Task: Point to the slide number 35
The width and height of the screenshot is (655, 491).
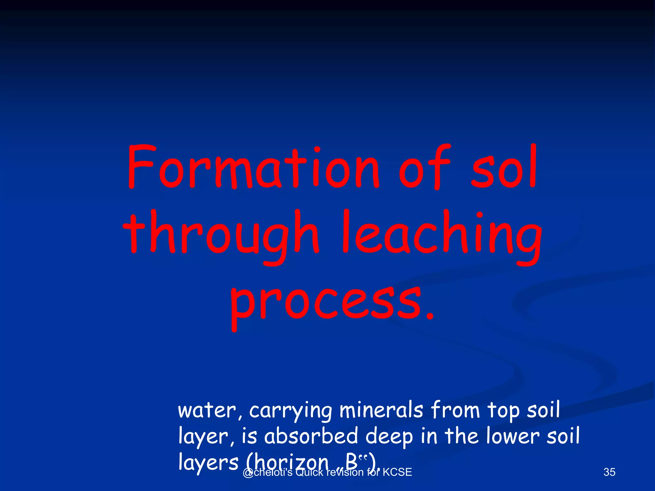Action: click(x=609, y=472)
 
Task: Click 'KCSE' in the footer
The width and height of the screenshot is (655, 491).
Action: click(x=397, y=472)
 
